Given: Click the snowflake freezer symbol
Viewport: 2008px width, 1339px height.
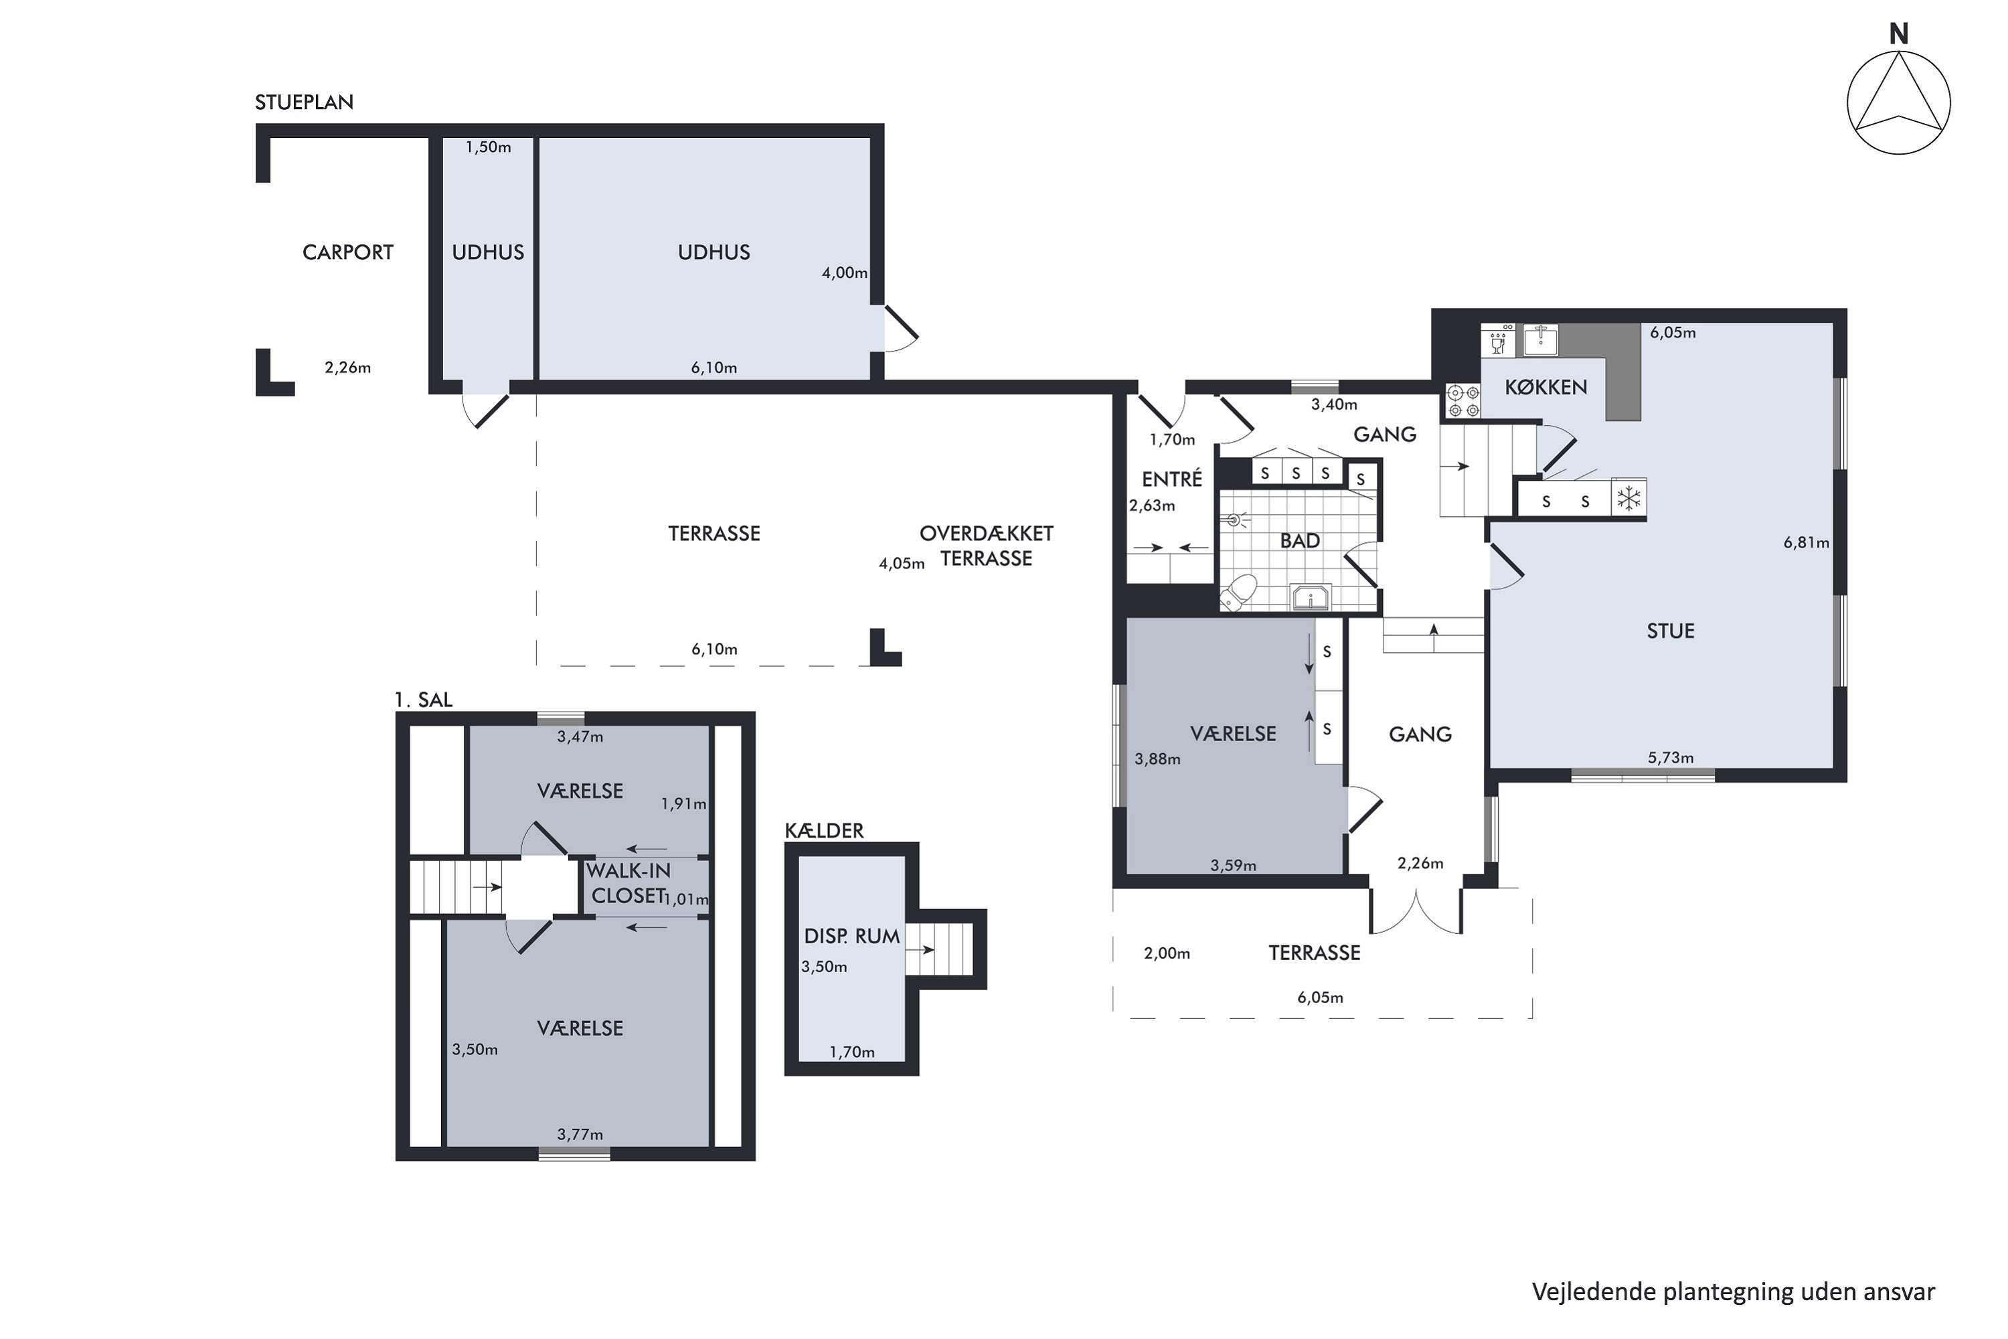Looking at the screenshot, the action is (1629, 499).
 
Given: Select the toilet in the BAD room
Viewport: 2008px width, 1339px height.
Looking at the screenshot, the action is (1240, 593).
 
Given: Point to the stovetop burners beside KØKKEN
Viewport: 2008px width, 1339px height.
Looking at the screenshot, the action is (1463, 401).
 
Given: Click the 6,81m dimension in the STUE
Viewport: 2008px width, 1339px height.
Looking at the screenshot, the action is (1806, 542).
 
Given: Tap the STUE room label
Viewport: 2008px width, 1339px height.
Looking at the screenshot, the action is (1670, 631).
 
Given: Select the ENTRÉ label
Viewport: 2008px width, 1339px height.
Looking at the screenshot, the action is (1171, 479).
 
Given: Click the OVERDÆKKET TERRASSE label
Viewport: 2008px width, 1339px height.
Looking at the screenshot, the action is (986, 546).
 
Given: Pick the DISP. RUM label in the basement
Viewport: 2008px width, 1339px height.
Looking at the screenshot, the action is (851, 937).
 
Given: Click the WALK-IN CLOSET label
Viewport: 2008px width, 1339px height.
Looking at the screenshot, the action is (629, 883).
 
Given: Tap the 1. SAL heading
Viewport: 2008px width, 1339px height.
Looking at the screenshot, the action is (424, 700).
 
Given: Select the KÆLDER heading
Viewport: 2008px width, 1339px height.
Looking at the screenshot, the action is (824, 830).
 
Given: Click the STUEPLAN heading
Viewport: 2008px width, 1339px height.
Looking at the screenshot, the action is (304, 102).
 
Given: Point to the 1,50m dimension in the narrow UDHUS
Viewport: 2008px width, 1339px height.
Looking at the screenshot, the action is (489, 147).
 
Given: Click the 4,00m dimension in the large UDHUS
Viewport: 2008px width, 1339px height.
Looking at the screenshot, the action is (844, 272).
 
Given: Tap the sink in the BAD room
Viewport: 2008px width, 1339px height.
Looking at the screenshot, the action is (1310, 597).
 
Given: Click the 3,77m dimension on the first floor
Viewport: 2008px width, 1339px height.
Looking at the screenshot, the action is (580, 1134).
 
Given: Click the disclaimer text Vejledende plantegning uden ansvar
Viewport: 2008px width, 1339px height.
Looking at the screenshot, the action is (1733, 1292).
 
